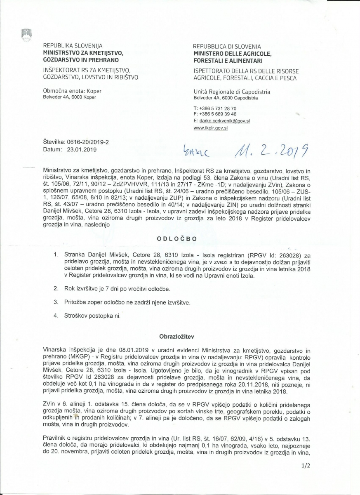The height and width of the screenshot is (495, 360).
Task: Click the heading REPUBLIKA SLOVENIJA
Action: pyautogui.click(x=73, y=46)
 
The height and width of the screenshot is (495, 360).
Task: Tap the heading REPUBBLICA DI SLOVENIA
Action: pyautogui.click(x=227, y=47)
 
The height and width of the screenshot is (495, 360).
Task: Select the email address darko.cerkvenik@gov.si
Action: pyautogui.click(x=224, y=121)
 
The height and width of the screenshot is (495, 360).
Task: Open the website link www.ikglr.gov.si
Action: pyautogui.click(x=210, y=128)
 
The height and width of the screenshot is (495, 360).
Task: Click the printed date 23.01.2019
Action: pyautogui.click(x=82, y=149)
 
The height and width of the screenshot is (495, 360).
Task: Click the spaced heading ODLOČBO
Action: pyautogui.click(x=176, y=239)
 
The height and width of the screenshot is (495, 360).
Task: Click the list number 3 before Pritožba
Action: pyautogui.click(x=56, y=302)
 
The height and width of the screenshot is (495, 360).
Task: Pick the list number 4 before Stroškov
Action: pyautogui.click(x=56, y=316)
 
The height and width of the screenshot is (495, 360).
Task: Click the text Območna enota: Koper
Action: pyautogui.click(x=72, y=91)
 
